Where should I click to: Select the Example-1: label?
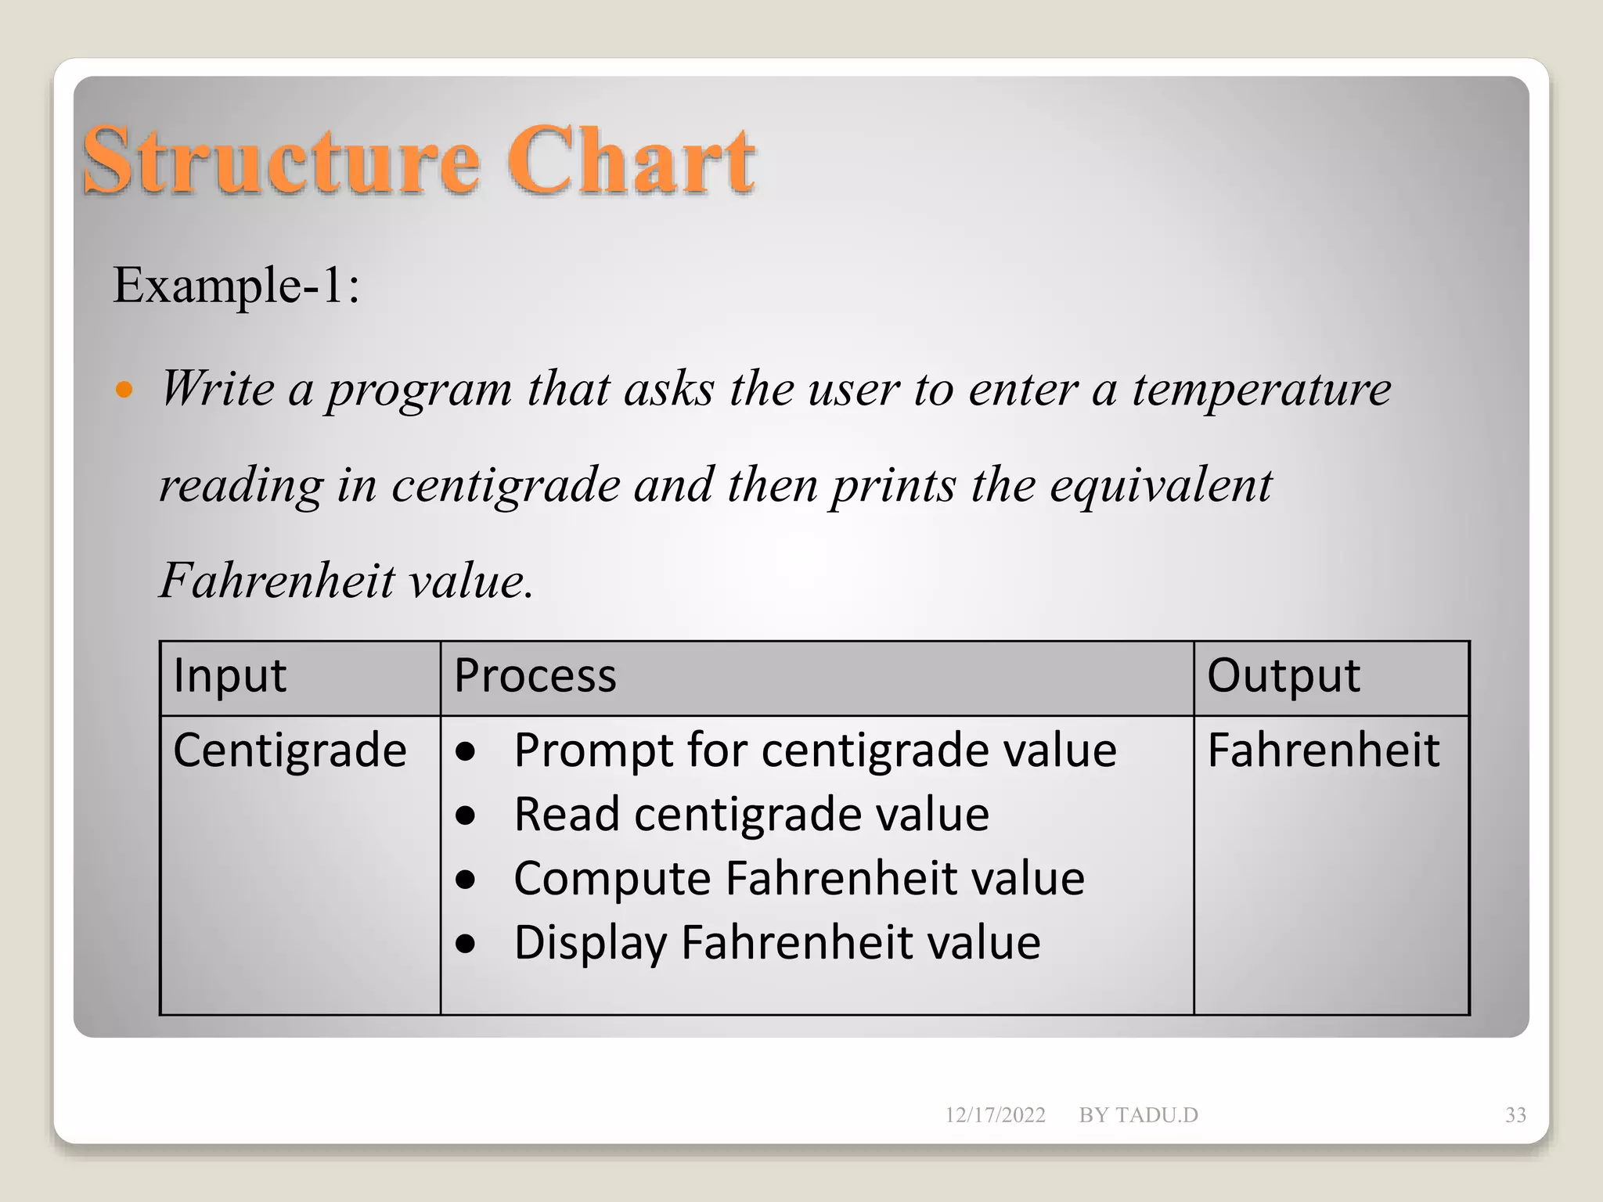point(236,286)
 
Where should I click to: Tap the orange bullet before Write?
point(124,389)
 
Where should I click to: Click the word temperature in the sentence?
point(1262,389)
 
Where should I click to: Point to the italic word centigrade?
point(506,486)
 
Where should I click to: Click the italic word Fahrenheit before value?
point(277,581)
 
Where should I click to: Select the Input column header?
point(229,675)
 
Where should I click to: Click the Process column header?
point(535,675)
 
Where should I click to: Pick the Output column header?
point(1284,675)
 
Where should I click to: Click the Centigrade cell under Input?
point(290,750)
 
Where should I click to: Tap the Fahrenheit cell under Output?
point(1323,750)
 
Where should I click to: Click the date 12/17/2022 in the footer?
point(995,1115)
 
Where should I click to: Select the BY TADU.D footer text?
point(1138,1115)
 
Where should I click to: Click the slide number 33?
point(1515,1115)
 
